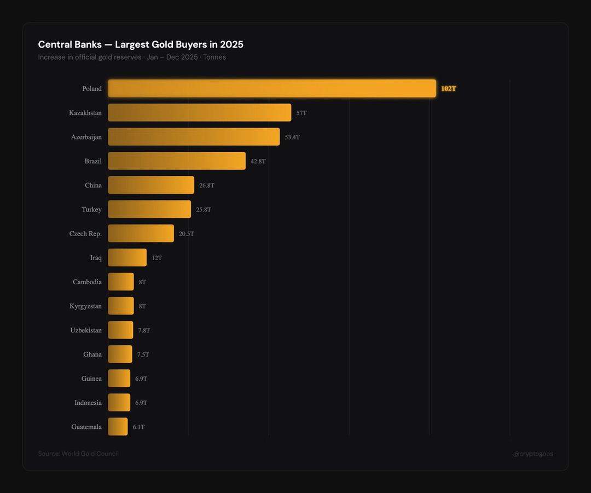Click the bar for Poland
coord(272,88)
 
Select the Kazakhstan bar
coord(199,112)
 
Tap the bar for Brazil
coord(177,160)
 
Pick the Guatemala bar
coord(118,427)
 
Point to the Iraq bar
coord(128,257)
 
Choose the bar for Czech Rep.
coord(141,233)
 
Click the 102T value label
coord(449,89)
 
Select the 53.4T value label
coord(292,137)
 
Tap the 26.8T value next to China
coord(206,185)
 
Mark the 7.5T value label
coord(143,354)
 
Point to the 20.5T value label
coord(186,233)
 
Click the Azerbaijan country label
coord(86,137)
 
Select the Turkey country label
coord(91,209)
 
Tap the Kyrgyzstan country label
coord(85,306)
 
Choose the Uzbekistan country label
coord(86,330)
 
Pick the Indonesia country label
coord(88,403)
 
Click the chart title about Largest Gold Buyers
coord(141,44)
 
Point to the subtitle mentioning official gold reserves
coord(132,57)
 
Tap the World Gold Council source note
coord(78,454)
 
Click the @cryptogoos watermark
coord(533,454)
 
